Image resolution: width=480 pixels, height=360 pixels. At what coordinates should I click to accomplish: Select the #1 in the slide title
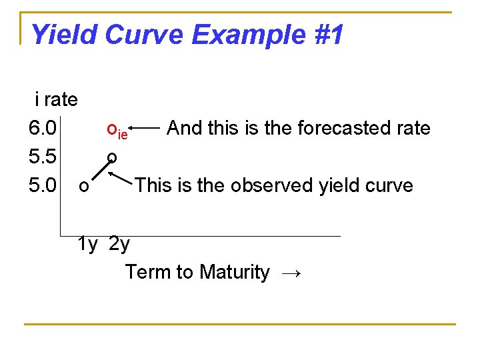click(328, 35)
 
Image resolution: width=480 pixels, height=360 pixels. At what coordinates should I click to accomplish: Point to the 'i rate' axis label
click(56, 100)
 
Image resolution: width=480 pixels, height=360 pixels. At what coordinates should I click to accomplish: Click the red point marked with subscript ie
click(111, 127)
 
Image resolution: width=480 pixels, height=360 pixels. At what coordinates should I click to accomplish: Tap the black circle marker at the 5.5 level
click(112, 157)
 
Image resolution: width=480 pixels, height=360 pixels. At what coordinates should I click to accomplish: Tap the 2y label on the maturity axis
click(119, 244)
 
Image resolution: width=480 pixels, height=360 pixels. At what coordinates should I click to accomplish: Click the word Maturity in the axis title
click(235, 272)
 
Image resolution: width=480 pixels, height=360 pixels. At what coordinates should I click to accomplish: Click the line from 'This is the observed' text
click(121, 178)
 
